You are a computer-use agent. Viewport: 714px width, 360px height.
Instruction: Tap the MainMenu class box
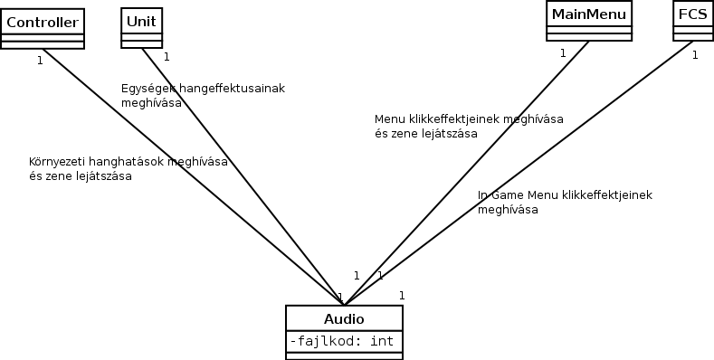coord(588,14)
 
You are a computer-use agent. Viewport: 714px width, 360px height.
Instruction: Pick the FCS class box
coord(692,14)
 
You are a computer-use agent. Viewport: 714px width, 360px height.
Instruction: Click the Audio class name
coord(344,318)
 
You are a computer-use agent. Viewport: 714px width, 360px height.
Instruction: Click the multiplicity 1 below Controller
coord(40,61)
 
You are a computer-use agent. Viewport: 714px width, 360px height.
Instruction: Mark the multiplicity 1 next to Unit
coord(167,56)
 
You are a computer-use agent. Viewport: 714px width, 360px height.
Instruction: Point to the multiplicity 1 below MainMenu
coord(562,53)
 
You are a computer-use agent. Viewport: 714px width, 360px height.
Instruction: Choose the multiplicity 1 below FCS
coord(695,55)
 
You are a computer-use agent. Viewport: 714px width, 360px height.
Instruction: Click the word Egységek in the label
coord(147,88)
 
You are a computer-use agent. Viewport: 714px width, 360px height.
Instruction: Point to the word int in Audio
coord(382,341)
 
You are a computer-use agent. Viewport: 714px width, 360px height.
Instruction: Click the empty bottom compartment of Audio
coord(344,355)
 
